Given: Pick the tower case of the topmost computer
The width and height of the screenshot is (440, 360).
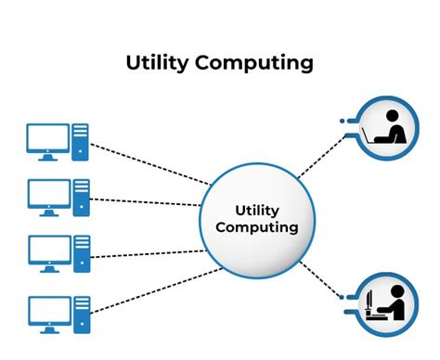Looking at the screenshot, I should [x=80, y=140].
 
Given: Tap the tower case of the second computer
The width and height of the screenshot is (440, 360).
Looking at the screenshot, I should [x=80, y=196].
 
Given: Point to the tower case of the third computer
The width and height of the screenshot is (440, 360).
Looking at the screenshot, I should [x=80, y=251].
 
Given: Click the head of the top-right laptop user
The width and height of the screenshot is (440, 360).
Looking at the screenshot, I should [x=391, y=117].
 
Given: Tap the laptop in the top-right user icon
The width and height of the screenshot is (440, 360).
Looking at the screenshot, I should [x=378, y=136].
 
